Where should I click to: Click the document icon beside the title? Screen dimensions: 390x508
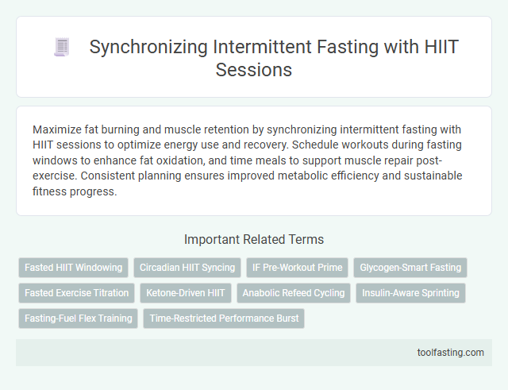click(x=60, y=48)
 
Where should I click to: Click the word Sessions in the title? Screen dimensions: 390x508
click(x=253, y=69)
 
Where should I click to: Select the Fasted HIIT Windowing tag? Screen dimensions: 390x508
click(x=74, y=268)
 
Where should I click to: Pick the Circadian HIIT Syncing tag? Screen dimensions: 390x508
click(x=187, y=268)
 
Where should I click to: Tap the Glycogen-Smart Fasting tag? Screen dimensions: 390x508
click(x=410, y=268)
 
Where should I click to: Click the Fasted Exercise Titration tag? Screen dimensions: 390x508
click(x=77, y=293)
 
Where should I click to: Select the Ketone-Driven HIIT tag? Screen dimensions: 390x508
click(x=186, y=293)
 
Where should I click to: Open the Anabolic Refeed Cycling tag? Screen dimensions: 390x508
click(x=294, y=293)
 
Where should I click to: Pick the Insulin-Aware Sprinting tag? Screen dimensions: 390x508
click(x=410, y=293)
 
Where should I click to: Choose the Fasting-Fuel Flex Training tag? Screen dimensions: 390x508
click(x=79, y=319)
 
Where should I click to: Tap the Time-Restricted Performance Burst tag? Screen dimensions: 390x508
click(x=224, y=319)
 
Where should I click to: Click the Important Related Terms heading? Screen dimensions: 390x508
click(x=253, y=239)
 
